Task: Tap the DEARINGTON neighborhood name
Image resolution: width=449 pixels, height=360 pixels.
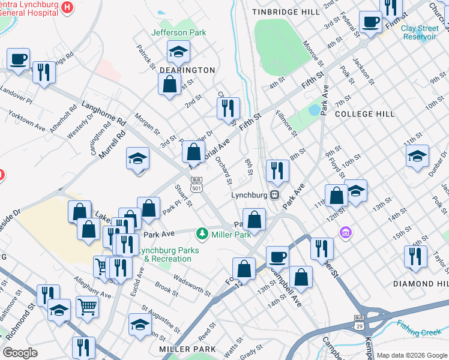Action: pyautogui.click(x=187, y=70)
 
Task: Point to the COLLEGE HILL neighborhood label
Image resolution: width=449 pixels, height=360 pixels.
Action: pyautogui.click(x=364, y=113)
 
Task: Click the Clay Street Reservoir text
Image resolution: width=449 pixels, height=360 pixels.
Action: pyautogui.click(x=420, y=32)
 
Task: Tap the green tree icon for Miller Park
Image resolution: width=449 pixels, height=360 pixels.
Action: pyautogui.click(x=203, y=233)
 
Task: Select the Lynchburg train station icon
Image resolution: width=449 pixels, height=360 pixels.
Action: pyautogui.click(x=274, y=194)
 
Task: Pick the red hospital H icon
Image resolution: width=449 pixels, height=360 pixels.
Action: pyautogui.click(x=67, y=8)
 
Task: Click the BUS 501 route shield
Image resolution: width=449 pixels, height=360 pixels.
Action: pyautogui.click(x=196, y=184)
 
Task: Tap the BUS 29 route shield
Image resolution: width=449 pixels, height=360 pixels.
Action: pyautogui.click(x=359, y=322)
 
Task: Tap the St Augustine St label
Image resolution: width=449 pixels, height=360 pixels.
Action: pyautogui.click(x=161, y=318)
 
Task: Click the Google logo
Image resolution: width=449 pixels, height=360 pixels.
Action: pyautogui.click(x=20, y=352)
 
